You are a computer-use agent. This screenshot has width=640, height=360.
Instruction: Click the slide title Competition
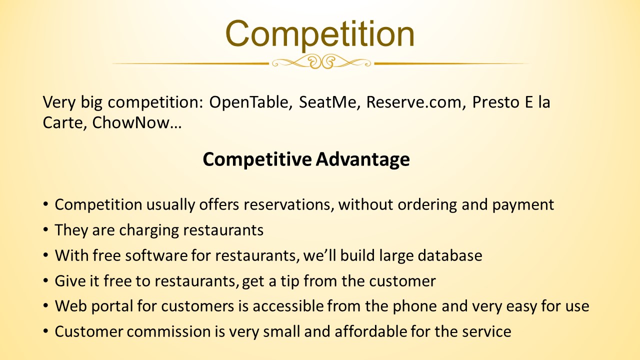point(319,35)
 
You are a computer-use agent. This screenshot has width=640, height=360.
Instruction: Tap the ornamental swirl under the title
point(321,62)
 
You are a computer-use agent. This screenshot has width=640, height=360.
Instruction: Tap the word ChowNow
point(131,122)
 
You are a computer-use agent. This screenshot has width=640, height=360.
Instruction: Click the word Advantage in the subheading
point(363,159)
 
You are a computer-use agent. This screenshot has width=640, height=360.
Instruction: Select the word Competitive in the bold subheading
point(257,159)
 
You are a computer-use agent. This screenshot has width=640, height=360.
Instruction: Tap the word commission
point(169,331)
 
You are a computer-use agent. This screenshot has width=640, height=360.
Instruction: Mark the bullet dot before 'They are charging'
point(45,229)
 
